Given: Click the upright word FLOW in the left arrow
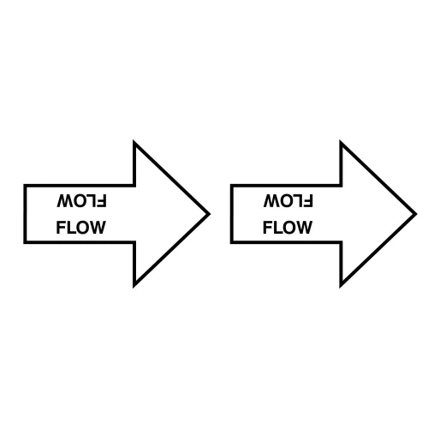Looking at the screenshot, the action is (81, 228).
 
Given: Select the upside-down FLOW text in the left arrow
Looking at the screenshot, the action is (81, 201).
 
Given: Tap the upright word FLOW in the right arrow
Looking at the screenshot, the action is (288, 228).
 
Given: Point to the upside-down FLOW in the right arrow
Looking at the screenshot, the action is (288, 201).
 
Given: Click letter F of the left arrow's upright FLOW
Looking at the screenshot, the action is (61, 228).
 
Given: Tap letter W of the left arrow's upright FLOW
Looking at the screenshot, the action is (98, 228).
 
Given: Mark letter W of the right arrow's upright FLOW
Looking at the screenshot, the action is (305, 228).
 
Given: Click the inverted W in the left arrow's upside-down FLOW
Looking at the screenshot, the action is (65, 201).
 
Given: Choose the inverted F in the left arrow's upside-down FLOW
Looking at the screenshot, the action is (103, 201).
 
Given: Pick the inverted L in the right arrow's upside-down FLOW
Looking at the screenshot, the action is (299, 201).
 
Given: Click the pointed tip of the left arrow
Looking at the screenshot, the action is (211, 214).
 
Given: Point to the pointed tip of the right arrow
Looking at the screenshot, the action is (417, 214).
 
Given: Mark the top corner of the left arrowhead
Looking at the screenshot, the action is (134, 140).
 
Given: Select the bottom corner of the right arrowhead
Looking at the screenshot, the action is (341, 287).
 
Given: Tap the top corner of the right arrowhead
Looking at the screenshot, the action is (341, 140).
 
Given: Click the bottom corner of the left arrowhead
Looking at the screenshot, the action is (134, 287).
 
